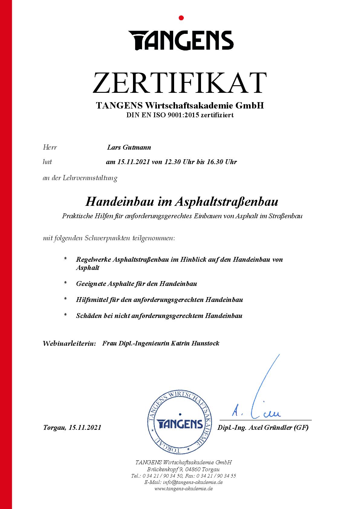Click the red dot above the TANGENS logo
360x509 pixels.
181,18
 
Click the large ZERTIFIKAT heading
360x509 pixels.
180,83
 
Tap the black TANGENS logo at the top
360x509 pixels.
181,40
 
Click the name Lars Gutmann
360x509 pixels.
129,148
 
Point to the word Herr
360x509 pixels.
50,148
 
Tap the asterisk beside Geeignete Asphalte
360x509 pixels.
65,284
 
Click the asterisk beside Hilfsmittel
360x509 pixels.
65,300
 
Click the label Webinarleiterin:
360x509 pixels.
69,343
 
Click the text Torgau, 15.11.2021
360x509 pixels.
72,428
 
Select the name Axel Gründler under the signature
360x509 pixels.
269,428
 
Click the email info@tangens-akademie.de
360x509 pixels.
193,482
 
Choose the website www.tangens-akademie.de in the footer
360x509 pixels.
183,489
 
